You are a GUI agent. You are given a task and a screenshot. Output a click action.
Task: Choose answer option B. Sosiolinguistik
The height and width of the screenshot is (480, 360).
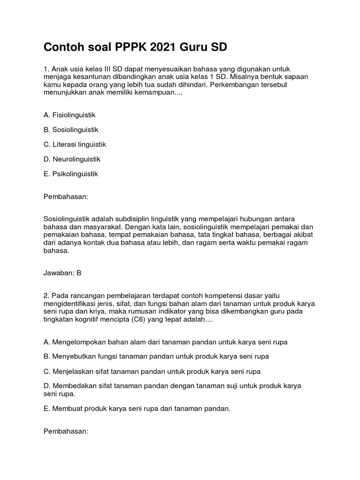71,129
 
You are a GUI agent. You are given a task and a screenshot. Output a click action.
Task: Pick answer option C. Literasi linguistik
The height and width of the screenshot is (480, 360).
75,144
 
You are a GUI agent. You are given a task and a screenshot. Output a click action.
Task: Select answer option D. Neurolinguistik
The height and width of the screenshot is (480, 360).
72,159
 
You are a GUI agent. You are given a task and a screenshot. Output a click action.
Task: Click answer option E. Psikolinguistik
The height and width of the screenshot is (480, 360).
71,174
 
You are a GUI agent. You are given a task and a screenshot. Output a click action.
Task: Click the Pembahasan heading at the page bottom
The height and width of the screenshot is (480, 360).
66,431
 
